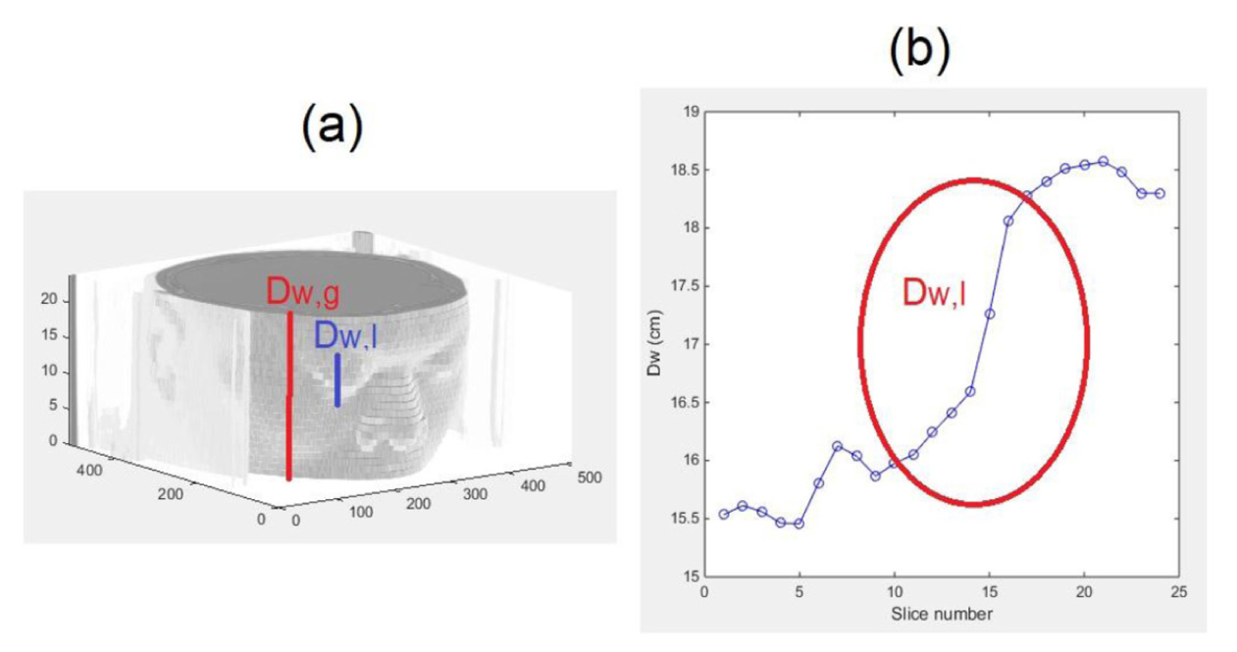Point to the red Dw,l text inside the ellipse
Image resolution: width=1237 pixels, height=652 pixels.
point(934,291)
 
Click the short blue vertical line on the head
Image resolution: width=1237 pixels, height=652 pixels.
point(337,379)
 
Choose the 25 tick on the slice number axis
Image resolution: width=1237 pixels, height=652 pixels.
point(1180,592)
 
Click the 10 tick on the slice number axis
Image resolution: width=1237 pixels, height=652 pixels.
point(894,592)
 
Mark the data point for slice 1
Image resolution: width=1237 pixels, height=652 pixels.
point(724,514)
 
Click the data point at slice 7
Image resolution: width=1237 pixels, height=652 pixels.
point(838,446)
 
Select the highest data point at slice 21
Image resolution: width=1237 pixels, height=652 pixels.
point(1104,161)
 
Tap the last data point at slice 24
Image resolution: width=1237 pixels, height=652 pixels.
point(1160,193)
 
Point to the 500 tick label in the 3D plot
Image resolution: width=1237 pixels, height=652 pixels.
point(589,477)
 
